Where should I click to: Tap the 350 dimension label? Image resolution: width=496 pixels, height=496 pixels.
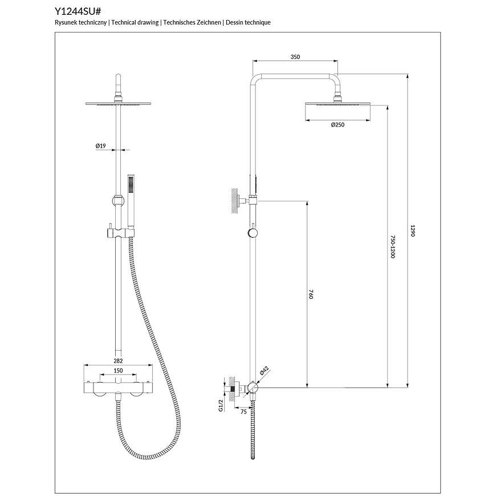(295, 57)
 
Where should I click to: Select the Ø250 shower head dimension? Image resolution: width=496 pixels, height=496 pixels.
(338, 125)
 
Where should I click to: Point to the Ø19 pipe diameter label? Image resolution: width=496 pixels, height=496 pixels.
(101, 147)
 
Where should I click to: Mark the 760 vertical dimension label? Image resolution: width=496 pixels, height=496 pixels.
(311, 294)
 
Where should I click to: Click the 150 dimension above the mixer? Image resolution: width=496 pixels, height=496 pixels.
(118, 371)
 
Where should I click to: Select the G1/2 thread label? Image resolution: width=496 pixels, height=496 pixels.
(219, 405)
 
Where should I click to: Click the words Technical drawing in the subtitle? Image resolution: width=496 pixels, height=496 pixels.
(135, 22)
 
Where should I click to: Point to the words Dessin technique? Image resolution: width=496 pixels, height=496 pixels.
(248, 22)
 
